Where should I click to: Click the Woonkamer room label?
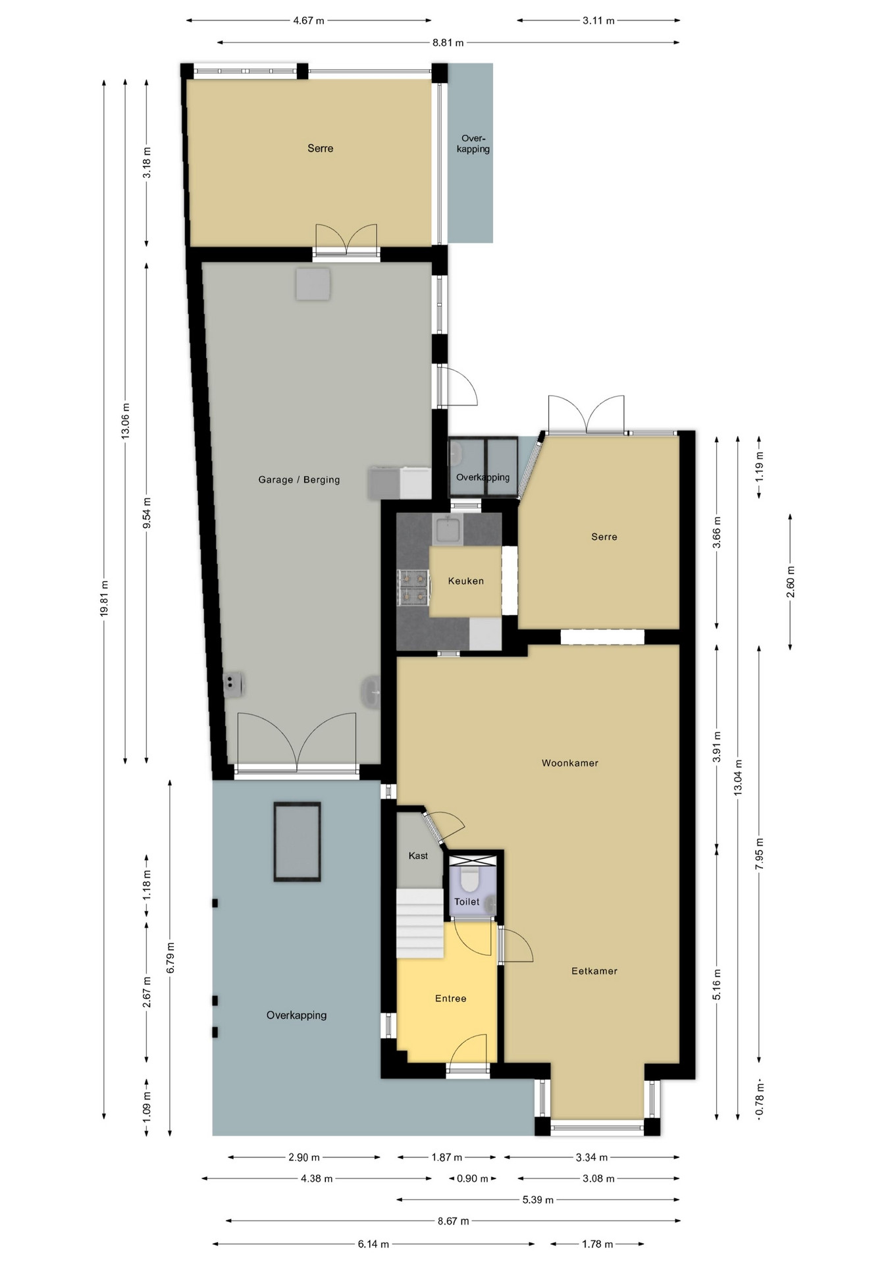click(x=569, y=763)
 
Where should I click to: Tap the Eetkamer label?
click(x=594, y=970)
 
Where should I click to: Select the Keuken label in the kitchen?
click(x=465, y=581)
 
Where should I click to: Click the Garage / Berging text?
click(x=299, y=479)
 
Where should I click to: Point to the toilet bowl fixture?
click(x=469, y=878)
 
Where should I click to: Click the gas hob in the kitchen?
click(x=413, y=587)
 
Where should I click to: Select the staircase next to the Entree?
click(x=419, y=923)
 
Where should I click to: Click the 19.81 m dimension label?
click(x=104, y=598)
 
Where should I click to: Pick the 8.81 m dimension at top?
click(x=448, y=43)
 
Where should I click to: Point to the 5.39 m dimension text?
click(x=538, y=1199)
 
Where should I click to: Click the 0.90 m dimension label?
click(x=472, y=1178)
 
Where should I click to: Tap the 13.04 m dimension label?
click(x=738, y=777)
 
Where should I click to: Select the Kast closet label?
click(x=418, y=856)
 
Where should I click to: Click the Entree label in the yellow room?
click(x=450, y=999)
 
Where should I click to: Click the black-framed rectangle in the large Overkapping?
click(x=297, y=841)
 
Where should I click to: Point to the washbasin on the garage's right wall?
click(x=371, y=693)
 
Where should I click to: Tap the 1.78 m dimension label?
click(x=597, y=1244)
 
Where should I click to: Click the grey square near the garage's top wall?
click(x=313, y=284)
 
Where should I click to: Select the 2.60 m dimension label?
click(x=790, y=582)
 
